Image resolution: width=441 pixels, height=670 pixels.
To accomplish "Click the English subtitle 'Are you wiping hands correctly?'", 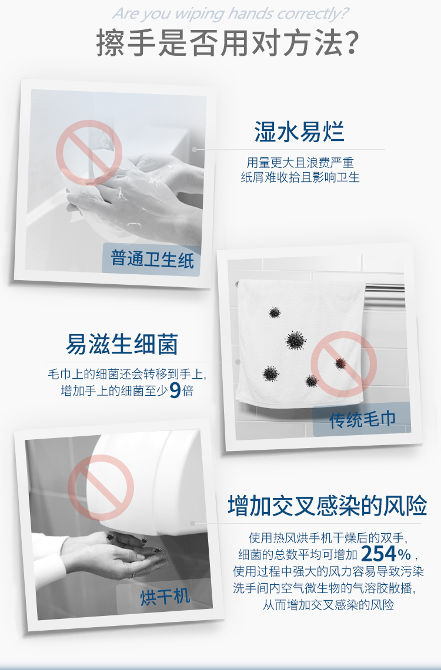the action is click(x=230, y=14).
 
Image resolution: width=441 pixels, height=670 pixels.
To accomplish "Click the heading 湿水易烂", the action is click(x=299, y=131).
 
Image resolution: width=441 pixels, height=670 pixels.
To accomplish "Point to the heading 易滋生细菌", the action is click(x=122, y=344).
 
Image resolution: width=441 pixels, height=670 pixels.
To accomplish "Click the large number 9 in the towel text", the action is click(x=175, y=390).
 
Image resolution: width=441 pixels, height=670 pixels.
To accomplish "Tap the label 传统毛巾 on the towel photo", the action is click(x=362, y=420).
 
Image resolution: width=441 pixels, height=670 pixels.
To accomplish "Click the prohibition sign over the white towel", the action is click(x=343, y=364).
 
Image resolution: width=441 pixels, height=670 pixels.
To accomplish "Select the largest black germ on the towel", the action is click(x=295, y=340).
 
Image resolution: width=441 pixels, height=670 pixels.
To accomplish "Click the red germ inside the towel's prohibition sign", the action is click(x=340, y=363).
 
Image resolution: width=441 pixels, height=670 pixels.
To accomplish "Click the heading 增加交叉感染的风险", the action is click(x=327, y=506).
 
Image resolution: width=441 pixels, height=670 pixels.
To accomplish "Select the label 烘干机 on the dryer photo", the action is click(x=165, y=597).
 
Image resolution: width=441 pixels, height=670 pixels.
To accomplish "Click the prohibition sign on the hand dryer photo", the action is click(x=101, y=487).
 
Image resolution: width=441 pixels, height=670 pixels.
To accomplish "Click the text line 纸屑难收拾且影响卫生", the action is click(x=300, y=177).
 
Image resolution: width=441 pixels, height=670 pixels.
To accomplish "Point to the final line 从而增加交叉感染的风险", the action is click(x=328, y=605).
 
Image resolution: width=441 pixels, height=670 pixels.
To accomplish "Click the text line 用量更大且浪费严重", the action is click(x=300, y=163).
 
